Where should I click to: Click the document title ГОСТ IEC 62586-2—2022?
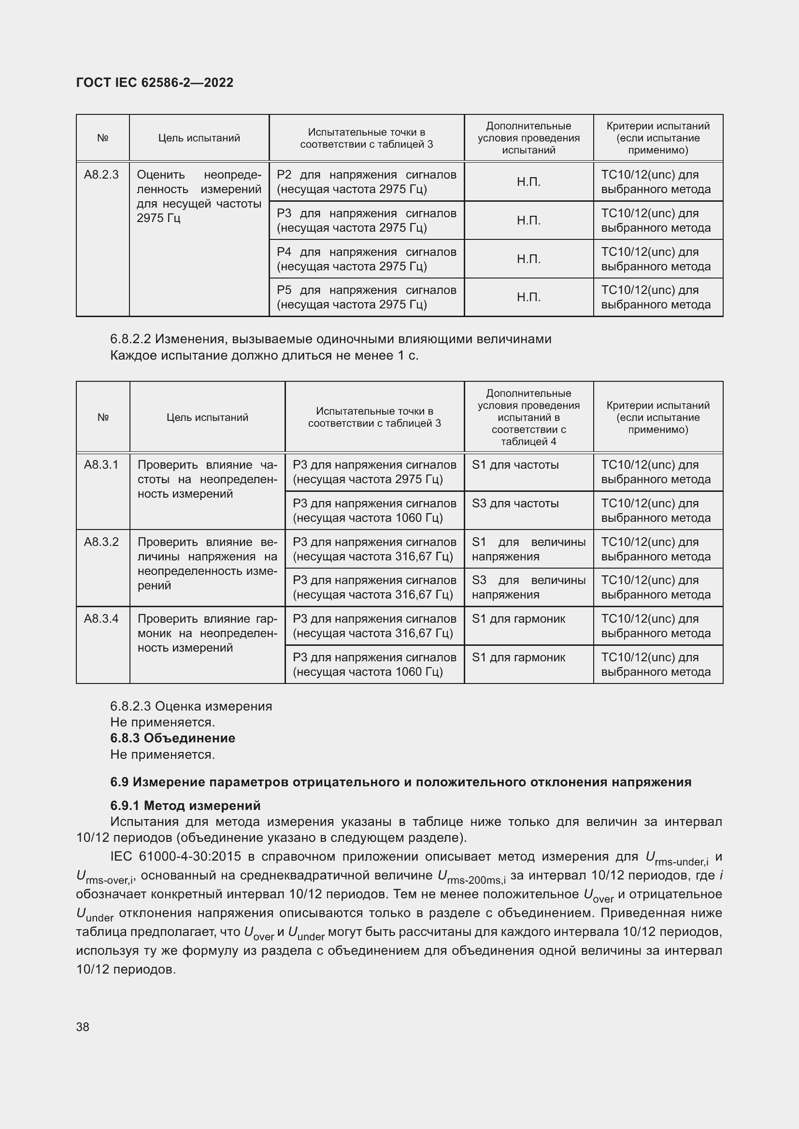point(155,83)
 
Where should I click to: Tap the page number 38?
point(83,1027)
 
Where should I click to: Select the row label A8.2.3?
point(101,175)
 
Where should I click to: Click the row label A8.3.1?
point(101,465)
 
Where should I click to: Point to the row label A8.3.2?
point(101,542)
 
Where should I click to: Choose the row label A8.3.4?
point(101,619)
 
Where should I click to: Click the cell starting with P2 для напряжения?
point(366,182)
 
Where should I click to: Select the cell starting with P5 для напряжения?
point(366,297)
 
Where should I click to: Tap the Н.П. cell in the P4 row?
point(528,259)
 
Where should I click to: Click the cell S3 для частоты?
point(515,503)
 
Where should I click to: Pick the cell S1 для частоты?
point(515,465)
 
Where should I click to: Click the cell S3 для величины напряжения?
point(528,587)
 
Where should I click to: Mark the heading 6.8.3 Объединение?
point(172,738)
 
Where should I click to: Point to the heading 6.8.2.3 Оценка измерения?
point(191,706)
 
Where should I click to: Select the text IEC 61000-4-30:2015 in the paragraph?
point(176,857)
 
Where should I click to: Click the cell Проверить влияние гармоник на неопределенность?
point(207,633)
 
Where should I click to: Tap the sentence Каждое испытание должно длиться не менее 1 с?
point(264,356)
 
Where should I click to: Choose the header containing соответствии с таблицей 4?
point(528,417)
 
